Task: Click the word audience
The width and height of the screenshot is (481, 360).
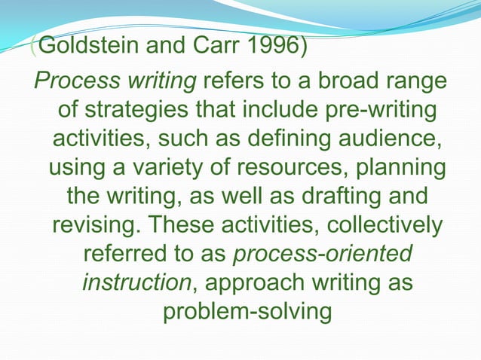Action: [390, 139]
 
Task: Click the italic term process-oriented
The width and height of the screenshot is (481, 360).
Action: [322, 253]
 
